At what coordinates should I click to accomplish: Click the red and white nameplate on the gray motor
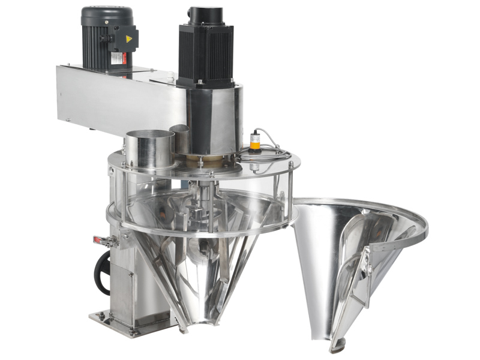[117, 58]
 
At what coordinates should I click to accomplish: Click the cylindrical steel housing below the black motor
[213, 117]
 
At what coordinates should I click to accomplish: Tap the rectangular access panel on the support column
[124, 289]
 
